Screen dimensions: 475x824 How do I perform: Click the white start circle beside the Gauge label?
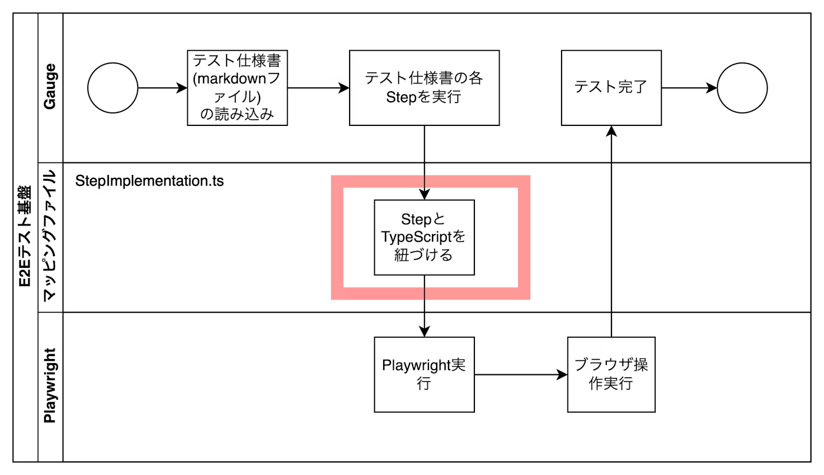(112, 88)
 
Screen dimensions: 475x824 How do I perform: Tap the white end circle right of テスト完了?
(742, 88)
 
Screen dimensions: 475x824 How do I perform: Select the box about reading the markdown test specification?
(237, 88)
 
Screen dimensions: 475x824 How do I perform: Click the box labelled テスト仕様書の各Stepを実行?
(424, 88)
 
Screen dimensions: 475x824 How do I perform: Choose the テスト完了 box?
(611, 88)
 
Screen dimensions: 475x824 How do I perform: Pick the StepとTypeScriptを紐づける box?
(424, 237)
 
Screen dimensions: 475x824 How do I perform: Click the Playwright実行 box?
(424, 374)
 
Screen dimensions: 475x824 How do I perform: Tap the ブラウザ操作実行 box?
(611, 374)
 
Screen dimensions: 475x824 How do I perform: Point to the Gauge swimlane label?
(50, 87)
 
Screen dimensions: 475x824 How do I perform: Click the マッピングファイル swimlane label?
(50, 237)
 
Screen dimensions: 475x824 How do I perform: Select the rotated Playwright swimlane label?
(50, 386)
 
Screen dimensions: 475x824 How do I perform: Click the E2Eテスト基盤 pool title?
(25, 237)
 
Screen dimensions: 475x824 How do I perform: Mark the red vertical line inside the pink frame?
(515, 235)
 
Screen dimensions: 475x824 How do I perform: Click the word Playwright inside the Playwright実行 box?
(416, 366)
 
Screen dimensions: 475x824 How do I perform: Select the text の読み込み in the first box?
(237, 114)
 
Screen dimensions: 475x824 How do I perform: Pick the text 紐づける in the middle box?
(424, 255)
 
